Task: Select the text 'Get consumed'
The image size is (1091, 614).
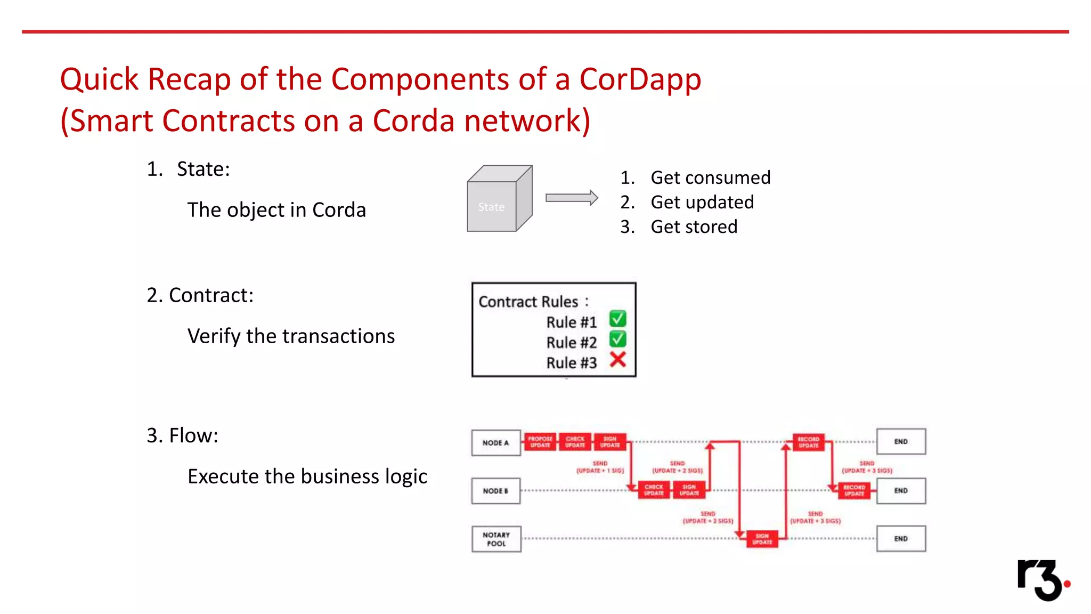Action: pos(710,177)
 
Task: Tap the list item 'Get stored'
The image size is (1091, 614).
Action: pos(694,227)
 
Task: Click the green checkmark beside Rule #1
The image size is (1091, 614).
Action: pos(617,319)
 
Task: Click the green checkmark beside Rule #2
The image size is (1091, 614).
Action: pos(617,339)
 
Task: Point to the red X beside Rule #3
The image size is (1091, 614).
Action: pos(617,360)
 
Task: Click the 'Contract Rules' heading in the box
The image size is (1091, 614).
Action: pos(528,302)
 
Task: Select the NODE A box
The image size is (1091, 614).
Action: pos(495,443)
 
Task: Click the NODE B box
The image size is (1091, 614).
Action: pos(495,491)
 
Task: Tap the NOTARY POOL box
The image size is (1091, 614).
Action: pos(496,539)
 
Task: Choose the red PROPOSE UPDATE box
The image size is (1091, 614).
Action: pos(540,442)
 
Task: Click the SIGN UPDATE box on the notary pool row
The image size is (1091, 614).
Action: pos(762,539)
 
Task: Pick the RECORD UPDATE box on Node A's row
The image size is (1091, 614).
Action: pos(808,442)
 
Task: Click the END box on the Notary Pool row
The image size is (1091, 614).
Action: pos(901,539)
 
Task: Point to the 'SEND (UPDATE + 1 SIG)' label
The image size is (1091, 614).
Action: pos(600,467)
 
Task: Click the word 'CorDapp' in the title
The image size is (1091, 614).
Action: pos(640,79)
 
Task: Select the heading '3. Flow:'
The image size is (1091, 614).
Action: pos(182,435)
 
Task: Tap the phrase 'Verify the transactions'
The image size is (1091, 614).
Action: pos(291,336)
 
